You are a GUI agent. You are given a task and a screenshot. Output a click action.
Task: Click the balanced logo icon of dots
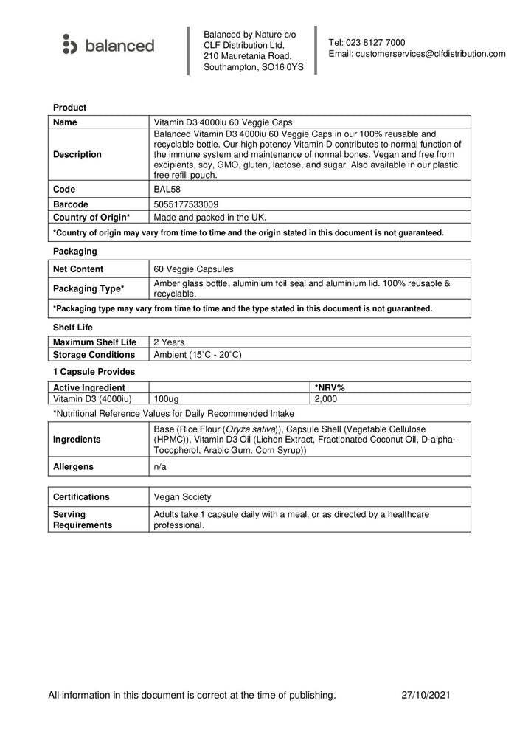[x=69, y=44]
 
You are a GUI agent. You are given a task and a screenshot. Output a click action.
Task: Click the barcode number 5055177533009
[x=185, y=204]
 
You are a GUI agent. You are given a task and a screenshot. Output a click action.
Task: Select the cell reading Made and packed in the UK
[x=209, y=218]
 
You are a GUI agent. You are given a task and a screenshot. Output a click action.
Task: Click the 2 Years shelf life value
[x=169, y=342]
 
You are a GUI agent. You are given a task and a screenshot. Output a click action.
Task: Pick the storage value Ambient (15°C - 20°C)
[x=198, y=355]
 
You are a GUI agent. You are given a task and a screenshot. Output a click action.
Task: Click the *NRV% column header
[x=330, y=387]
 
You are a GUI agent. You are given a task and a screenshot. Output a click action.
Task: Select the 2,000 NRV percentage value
[x=325, y=399]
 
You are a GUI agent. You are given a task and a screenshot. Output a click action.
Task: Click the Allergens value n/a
[x=159, y=467]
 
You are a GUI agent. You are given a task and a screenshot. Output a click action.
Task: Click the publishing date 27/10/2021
[x=426, y=695]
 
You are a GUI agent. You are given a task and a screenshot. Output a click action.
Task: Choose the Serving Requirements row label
[x=83, y=519]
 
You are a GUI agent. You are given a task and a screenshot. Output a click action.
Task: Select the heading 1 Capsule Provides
[x=93, y=372]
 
